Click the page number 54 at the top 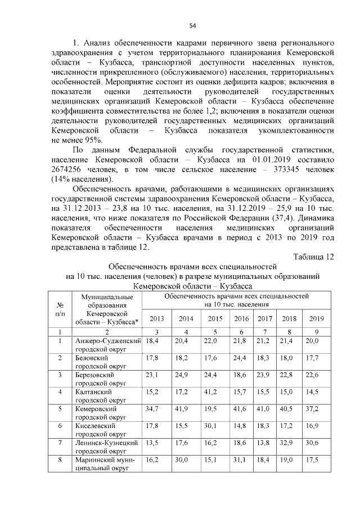[192, 25]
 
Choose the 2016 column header [241, 319]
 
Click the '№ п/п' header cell [60, 308]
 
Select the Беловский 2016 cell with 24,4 [241, 358]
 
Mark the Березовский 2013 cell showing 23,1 [152, 375]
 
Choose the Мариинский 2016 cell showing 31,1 [241, 460]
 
